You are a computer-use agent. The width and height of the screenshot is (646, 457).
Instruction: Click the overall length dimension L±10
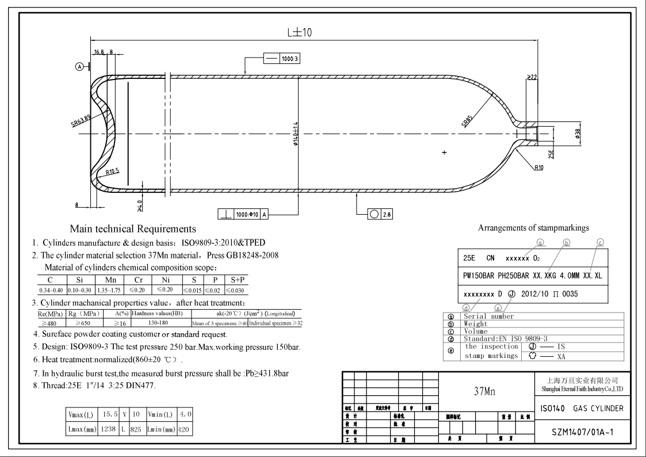(x=299, y=33)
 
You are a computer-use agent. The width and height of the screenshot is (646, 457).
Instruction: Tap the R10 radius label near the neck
(x=538, y=167)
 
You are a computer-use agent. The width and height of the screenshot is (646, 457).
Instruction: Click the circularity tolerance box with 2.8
(x=380, y=214)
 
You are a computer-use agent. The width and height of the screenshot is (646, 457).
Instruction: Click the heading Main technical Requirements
(x=133, y=229)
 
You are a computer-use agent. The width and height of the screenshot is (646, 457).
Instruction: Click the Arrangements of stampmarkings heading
(x=533, y=228)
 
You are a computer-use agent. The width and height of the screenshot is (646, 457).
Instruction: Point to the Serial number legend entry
(x=489, y=316)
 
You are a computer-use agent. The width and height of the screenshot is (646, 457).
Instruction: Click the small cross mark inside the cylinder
(x=444, y=153)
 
